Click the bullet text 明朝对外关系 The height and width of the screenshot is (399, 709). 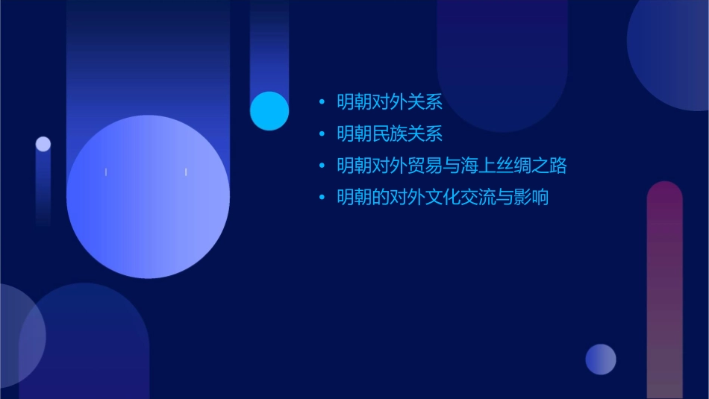point(390,102)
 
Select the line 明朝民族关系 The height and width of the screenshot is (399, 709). point(390,134)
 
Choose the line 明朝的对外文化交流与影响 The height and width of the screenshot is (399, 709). point(443,198)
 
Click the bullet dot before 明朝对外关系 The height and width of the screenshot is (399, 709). point(322,102)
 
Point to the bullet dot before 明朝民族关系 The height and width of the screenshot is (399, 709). point(322,134)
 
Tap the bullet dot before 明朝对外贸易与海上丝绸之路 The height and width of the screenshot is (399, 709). point(322,166)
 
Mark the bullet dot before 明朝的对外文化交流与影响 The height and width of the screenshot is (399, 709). point(322,198)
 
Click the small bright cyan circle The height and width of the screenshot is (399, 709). point(269,110)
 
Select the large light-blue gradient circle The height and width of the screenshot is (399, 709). point(148,197)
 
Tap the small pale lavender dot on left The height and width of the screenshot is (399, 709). point(43,144)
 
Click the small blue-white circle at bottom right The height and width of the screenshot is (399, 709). point(601,359)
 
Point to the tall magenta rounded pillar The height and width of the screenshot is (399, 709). point(664,291)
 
